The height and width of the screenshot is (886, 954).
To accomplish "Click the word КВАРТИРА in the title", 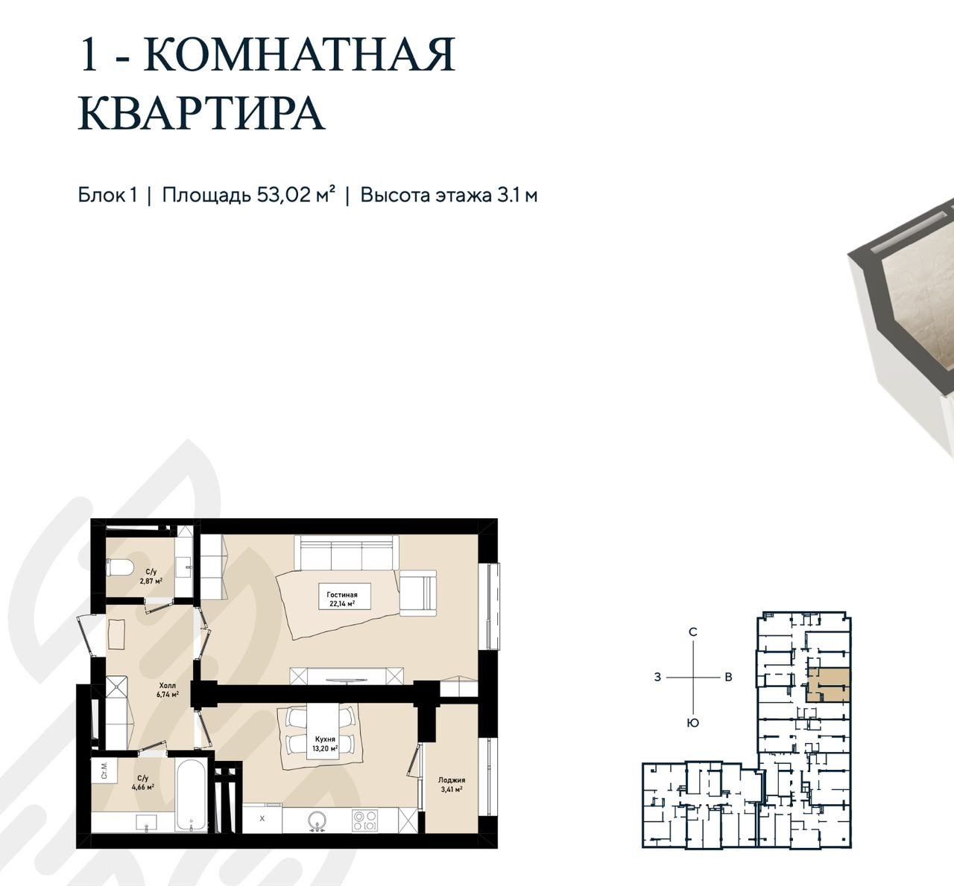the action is coord(202,113).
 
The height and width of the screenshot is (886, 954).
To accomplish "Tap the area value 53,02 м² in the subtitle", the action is coord(296,195).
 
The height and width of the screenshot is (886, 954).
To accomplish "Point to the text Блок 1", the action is coord(107,195).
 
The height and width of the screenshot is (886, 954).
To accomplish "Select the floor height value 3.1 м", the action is coord(517,195).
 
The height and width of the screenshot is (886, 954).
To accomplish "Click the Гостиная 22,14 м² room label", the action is coord(342,599).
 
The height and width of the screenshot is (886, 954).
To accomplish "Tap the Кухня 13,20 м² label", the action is coord(325,744).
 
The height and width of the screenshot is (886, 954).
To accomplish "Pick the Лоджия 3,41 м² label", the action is coord(452,784).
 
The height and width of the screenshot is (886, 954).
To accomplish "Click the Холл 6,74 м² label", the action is coord(168,689).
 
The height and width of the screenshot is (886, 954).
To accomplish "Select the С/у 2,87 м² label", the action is coord(151,576).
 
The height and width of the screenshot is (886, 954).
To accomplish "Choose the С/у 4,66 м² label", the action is coord(142,783).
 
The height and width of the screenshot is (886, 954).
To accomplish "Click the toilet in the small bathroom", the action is coord(119,568).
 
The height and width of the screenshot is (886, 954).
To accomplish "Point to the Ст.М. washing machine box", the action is coord(104,771).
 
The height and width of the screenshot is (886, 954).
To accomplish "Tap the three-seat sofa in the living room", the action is coord(347,552).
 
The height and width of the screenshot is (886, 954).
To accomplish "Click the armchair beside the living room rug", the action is coord(418,593).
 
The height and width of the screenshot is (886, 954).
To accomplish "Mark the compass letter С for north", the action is coord(692,632).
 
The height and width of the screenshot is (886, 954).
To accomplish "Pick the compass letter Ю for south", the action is coord(692,723).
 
